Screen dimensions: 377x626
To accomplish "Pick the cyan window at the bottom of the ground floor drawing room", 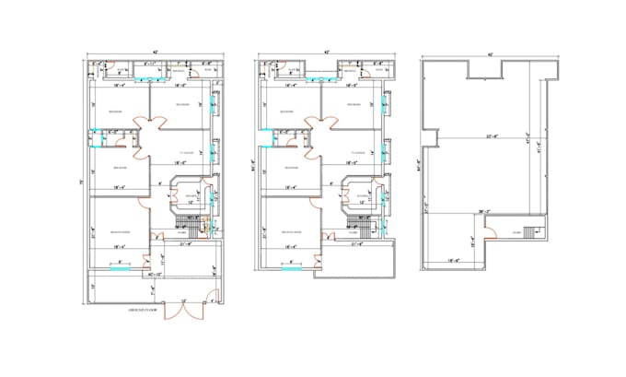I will pos(119,261).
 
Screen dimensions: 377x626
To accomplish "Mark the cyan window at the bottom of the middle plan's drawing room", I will pos(290,261).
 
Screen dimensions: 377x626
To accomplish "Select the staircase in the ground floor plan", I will pos(192,224).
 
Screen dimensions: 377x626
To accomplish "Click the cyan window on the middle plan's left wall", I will pos(260,140).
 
